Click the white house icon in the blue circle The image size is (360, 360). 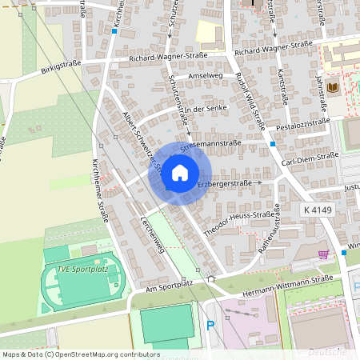[180, 172]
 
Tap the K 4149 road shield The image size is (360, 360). [318, 209]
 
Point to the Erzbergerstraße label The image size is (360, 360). [225, 185]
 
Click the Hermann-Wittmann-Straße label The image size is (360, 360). [294, 280]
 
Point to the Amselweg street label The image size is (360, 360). [203, 76]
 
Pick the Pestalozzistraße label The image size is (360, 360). [303, 122]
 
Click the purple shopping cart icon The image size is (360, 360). [323, 254]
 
